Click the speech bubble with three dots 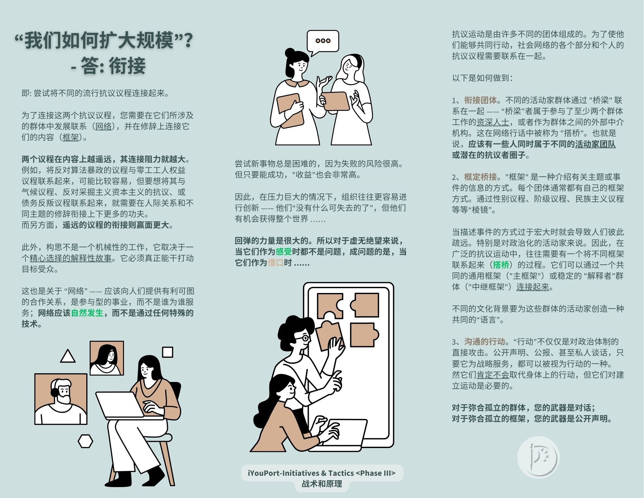pos(323,41)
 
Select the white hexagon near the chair pos(85,441)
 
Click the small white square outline pos(167,352)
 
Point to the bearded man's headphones pos(54,391)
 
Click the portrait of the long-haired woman pos(107,358)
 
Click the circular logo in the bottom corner pos(538,457)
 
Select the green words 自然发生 pos(87,313)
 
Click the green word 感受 pos(284,252)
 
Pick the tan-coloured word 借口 pos(275,263)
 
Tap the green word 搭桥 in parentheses pos(501,265)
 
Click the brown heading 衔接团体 pos(480,100)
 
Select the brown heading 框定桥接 pos(480,177)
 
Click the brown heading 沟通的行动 pos(484,342)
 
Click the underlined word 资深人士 pos(493,122)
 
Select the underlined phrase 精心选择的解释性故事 pos(71,258)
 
